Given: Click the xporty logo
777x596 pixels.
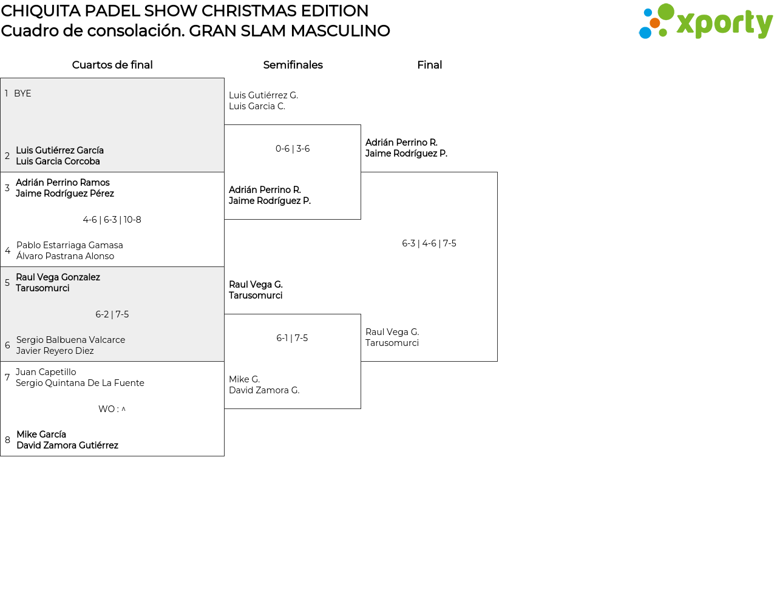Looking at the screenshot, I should tap(705, 22).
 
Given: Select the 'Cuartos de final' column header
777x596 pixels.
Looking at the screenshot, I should tap(112, 65).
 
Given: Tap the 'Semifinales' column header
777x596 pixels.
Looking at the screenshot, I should tap(293, 65).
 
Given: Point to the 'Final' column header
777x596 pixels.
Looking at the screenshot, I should tap(429, 65).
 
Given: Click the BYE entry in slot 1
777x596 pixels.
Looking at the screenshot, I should tap(22, 93).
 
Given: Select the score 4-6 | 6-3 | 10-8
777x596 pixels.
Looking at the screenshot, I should tap(112, 220).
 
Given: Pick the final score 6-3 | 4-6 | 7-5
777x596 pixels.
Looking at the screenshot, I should tap(429, 243).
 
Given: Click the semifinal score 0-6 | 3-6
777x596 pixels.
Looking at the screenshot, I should tap(293, 149).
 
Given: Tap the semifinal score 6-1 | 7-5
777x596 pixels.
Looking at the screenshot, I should tap(292, 338).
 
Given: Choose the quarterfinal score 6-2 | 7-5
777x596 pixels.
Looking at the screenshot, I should tap(112, 314).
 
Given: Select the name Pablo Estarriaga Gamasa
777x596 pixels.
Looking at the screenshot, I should tap(70, 245).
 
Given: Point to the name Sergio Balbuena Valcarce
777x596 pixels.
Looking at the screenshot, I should tap(70, 340).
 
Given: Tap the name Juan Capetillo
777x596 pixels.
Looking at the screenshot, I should tap(46, 372).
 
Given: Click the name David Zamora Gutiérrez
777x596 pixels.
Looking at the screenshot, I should tap(67, 445).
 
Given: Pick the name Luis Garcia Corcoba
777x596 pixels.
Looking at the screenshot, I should tap(58, 161).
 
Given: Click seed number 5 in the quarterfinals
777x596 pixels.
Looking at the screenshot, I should tap(7, 283).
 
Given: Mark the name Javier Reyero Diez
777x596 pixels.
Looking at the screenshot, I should tap(55, 351).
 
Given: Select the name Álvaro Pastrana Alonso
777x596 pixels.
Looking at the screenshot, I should tap(65, 256).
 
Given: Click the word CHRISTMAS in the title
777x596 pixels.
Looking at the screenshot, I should tap(247, 11).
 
